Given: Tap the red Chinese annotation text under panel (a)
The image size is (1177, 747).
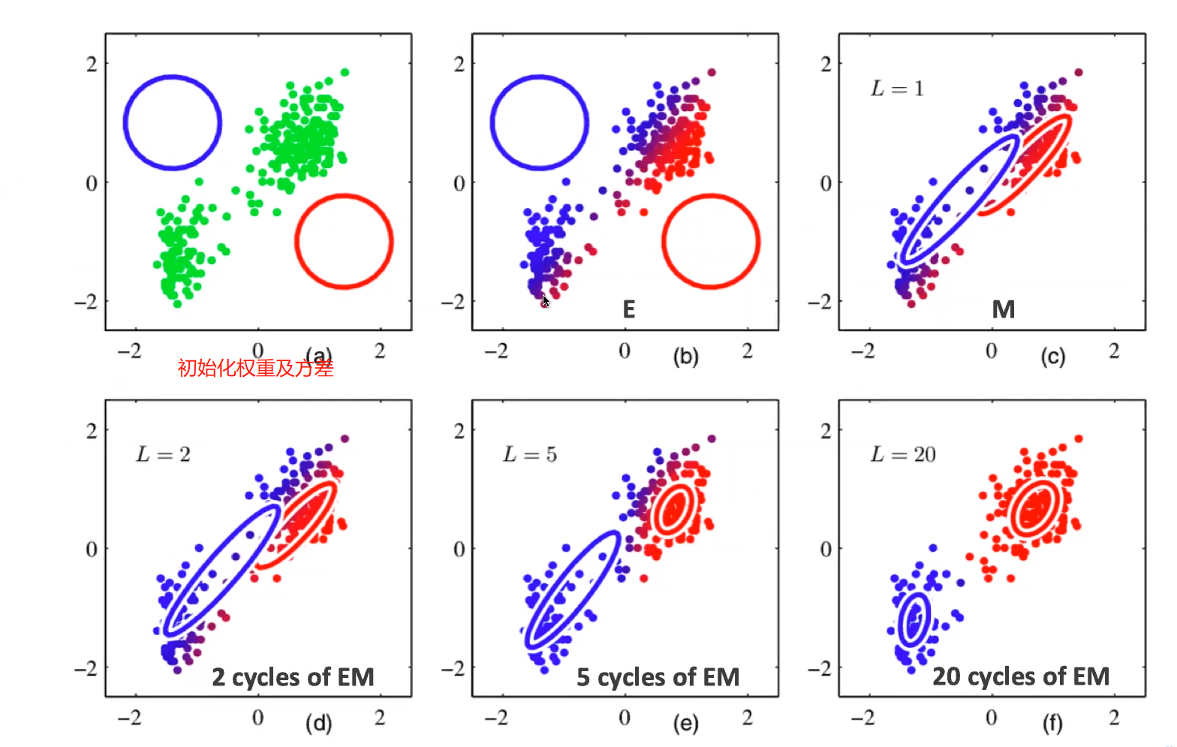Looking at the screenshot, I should point(255,368).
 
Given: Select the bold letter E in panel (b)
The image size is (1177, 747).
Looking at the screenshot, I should point(629,309).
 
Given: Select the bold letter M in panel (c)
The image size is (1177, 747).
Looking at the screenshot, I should point(1003,309).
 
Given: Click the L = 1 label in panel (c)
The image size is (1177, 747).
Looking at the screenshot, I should point(897,89).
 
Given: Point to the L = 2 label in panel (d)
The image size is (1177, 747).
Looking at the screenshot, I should point(163,454).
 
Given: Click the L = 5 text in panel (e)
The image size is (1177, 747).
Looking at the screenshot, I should point(530,454).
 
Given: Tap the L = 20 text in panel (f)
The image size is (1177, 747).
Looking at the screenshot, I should point(903,454).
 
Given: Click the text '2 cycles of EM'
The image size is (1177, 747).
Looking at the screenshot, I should point(293,677).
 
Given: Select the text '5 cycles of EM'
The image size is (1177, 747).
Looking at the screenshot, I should point(658,677).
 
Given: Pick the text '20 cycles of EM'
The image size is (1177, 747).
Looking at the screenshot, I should point(1021,676).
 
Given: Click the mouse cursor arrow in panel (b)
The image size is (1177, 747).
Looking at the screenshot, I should point(546,300).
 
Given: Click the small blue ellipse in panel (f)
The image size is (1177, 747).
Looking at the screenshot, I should point(914,619).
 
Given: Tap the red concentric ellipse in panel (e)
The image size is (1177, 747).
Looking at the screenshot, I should point(673,510).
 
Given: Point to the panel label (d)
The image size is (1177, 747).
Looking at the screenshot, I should point(318,723).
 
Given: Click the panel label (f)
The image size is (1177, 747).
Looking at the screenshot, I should point(1052,723).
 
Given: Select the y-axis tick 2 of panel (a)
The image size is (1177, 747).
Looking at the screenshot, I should point(92,64).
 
